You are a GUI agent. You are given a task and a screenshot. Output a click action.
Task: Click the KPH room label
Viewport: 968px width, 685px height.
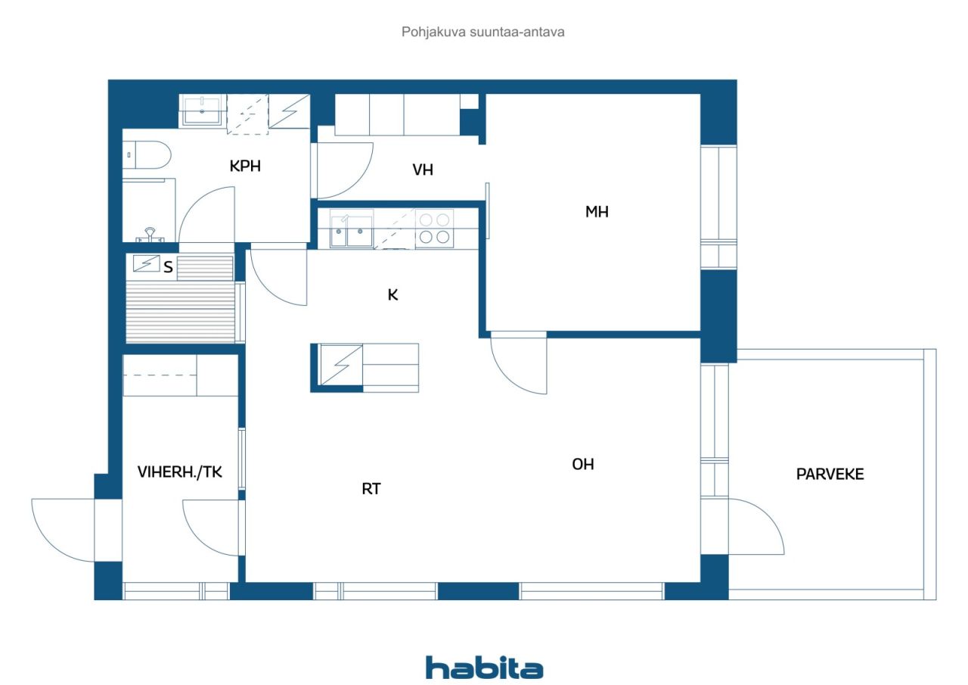pyautogui.click(x=245, y=166)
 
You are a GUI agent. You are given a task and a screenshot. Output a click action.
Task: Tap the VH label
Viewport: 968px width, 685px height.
pyautogui.click(x=423, y=170)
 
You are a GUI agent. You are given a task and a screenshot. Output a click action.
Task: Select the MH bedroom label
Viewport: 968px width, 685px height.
pyautogui.click(x=597, y=211)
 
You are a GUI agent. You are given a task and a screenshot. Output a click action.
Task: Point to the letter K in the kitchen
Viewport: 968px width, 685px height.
pyautogui.click(x=392, y=295)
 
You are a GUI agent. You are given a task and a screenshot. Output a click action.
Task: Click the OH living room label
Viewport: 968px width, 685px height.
pyautogui.click(x=583, y=465)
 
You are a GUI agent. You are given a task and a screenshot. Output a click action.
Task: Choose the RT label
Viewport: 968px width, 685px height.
pyautogui.click(x=371, y=489)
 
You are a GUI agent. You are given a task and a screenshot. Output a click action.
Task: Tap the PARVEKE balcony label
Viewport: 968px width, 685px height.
pyautogui.click(x=830, y=475)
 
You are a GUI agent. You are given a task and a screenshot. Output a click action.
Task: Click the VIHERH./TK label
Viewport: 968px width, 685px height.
pyautogui.click(x=180, y=472)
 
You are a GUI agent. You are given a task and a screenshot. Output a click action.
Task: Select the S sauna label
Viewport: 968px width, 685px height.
pyautogui.click(x=168, y=267)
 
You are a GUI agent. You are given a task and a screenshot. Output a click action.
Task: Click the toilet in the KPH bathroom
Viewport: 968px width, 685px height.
pyautogui.click(x=147, y=155)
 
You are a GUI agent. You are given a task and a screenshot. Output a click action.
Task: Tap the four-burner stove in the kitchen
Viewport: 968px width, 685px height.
pyautogui.click(x=434, y=229)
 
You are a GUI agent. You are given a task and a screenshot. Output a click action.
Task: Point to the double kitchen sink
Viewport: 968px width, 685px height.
pyautogui.click(x=352, y=229)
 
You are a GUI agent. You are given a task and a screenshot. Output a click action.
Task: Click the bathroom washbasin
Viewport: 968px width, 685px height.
pyautogui.click(x=202, y=110)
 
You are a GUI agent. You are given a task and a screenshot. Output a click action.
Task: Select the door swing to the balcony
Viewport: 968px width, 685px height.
pyautogui.click(x=756, y=526)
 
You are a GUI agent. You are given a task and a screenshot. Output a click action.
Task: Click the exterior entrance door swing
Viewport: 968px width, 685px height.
pyautogui.click(x=63, y=530)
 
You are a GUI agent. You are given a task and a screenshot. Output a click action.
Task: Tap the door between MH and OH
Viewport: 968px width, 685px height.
pyautogui.click(x=519, y=363)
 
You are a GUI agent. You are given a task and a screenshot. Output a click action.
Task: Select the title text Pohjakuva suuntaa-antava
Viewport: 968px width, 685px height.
pyautogui.click(x=482, y=32)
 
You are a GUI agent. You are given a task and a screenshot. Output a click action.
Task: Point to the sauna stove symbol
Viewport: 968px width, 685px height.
pyautogui.click(x=146, y=264)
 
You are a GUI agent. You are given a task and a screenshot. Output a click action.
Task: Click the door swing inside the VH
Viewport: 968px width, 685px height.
pyautogui.click(x=345, y=171)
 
